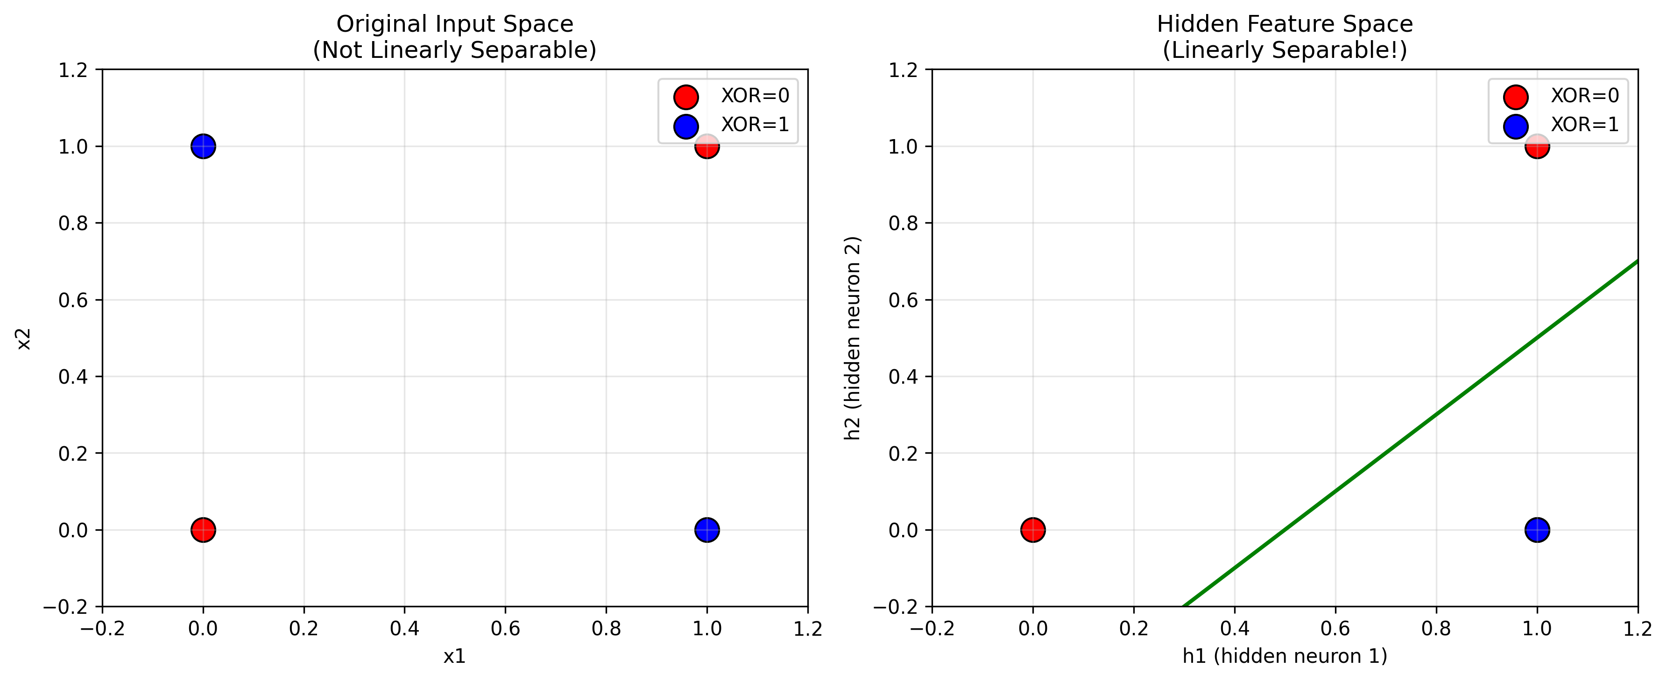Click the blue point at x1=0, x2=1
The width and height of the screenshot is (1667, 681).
(x=203, y=146)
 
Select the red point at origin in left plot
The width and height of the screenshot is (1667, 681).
(x=203, y=530)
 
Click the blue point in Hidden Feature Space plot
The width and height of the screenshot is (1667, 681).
(x=1537, y=530)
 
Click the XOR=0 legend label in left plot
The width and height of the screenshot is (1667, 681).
(x=755, y=96)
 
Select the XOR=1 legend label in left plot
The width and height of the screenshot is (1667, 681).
(x=755, y=124)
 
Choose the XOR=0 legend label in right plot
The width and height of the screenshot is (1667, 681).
(x=1585, y=96)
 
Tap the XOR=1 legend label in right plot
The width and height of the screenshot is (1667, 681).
(x=1585, y=124)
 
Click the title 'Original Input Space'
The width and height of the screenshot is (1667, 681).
(x=454, y=24)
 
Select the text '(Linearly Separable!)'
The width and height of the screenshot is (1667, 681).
(x=1285, y=50)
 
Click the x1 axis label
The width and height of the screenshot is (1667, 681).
(x=454, y=656)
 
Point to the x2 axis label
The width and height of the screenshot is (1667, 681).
(x=24, y=338)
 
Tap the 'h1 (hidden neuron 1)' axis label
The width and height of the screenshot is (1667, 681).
(x=1285, y=656)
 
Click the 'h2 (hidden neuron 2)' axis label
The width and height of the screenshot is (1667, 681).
(x=853, y=338)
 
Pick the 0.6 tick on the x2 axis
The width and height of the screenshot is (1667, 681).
(x=72, y=300)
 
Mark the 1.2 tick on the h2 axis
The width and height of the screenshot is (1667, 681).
(x=903, y=70)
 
